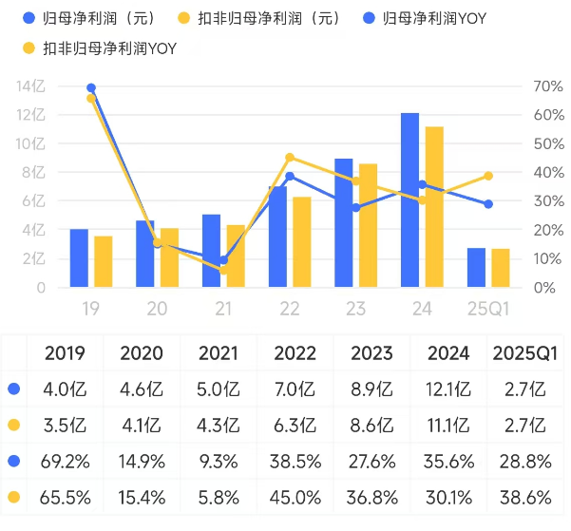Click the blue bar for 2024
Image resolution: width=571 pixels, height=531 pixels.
tap(409, 199)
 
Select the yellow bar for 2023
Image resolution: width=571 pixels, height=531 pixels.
tap(368, 225)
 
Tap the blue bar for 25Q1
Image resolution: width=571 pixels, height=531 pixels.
tap(477, 267)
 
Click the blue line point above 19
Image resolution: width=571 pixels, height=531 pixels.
tap(91, 88)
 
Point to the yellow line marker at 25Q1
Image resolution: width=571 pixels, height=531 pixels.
tap(488, 176)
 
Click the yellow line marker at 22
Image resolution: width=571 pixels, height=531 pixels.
tap(290, 158)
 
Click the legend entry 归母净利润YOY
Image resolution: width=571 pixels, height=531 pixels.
tap(432, 18)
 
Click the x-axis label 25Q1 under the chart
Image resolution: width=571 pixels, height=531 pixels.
tap(488, 309)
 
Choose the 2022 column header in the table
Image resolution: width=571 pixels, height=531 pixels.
tap(295, 353)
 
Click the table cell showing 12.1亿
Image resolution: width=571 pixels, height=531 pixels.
tap(448, 388)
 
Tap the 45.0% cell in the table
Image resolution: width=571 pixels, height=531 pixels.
tap(295, 496)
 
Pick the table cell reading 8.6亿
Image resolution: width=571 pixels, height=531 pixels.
tap(372, 425)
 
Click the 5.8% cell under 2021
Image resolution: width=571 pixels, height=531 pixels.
tap(219, 496)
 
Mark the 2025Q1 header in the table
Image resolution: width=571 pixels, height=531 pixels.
tap(525, 353)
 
